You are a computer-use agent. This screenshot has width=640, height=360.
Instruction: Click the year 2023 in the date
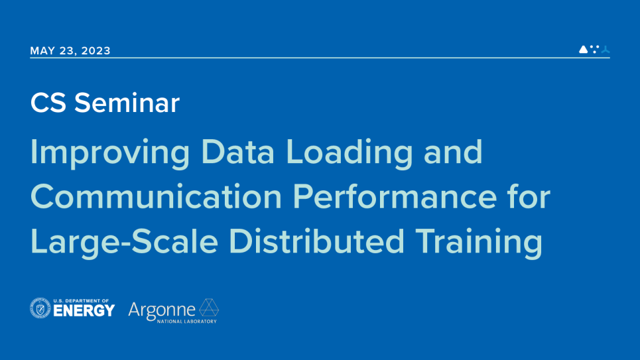click(x=96, y=50)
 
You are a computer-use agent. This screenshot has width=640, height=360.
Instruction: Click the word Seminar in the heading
click(x=127, y=103)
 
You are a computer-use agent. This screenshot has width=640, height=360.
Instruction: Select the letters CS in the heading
click(x=48, y=103)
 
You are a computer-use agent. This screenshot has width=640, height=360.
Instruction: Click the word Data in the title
click(x=237, y=151)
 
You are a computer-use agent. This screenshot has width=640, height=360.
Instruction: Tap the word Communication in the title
click(x=156, y=196)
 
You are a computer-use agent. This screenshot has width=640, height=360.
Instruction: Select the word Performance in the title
click(x=395, y=196)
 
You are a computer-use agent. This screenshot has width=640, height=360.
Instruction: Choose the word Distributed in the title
click(x=317, y=241)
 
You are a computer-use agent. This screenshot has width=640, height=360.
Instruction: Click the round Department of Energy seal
click(x=40, y=308)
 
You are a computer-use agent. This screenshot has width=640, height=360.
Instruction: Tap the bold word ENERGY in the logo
click(x=84, y=311)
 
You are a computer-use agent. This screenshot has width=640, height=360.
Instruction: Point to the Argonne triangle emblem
click(x=208, y=308)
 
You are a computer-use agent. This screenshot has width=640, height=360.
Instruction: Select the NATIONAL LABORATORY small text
click(x=187, y=322)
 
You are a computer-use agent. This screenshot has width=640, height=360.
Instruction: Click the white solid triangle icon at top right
click(x=583, y=49)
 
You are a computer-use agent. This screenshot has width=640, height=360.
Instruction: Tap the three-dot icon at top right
click(x=595, y=49)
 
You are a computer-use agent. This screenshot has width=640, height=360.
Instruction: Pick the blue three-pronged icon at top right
click(x=606, y=49)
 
